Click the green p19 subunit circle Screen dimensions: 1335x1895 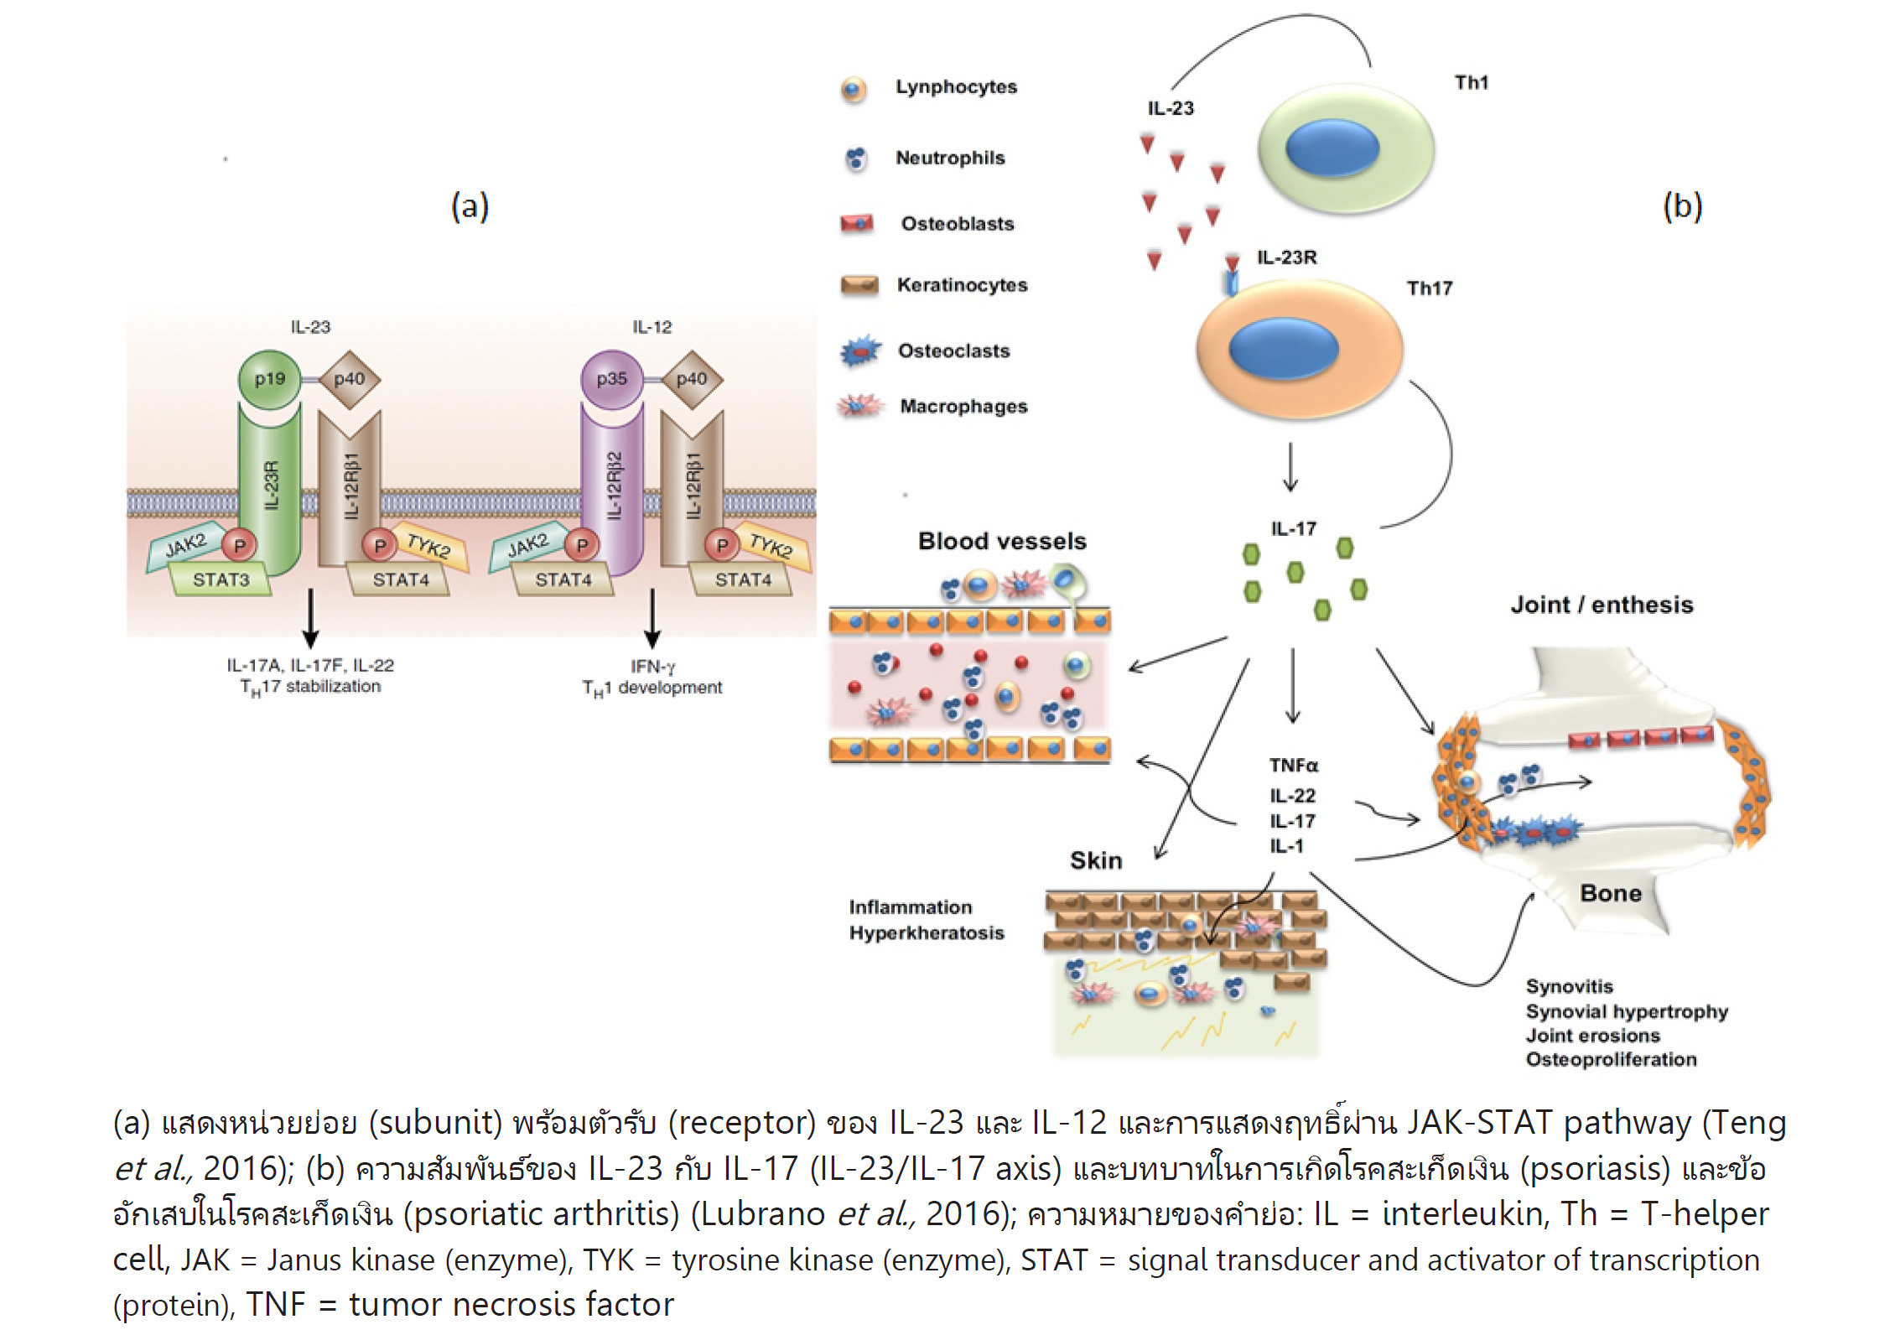pyautogui.click(x=269, y=379)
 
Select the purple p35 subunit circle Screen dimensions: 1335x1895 pyautogui.click(x=611, y=379)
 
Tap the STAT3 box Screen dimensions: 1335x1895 pyautogui.click(x=221, y=579)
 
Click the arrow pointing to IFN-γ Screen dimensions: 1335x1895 pyautogui.click(x=652, y=619)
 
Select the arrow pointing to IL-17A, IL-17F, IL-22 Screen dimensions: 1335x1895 pyautogui.click(x=310, y=619)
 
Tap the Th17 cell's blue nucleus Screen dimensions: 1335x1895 pyautogui.click(x=1283, y=348)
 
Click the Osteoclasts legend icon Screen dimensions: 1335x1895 pyautogui.click(x=860, y=351)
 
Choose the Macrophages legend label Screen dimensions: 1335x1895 pyautogui.click(x=963, y=407)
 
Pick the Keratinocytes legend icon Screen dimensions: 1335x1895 pyautogui.click(x=859, y=286)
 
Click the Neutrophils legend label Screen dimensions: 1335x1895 pyautogui.click(x=950, y=158)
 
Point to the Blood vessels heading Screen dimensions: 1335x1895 pyautogui.click(x=1002, y=541)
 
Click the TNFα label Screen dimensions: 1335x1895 pyautogui.click(x=1293, y=766)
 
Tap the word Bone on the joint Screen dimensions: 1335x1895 pyautogui.click(x=1611, y=893)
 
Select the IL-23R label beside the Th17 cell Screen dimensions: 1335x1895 pyautogui.click(x=1286, y=257)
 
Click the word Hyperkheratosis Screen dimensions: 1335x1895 pyautogui.click(x=926, y=933)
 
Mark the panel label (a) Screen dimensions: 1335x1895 pyautogui.click(x=470, y=206)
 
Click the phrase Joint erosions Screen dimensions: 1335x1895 pyautogui.click(x=1592, y=1036)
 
